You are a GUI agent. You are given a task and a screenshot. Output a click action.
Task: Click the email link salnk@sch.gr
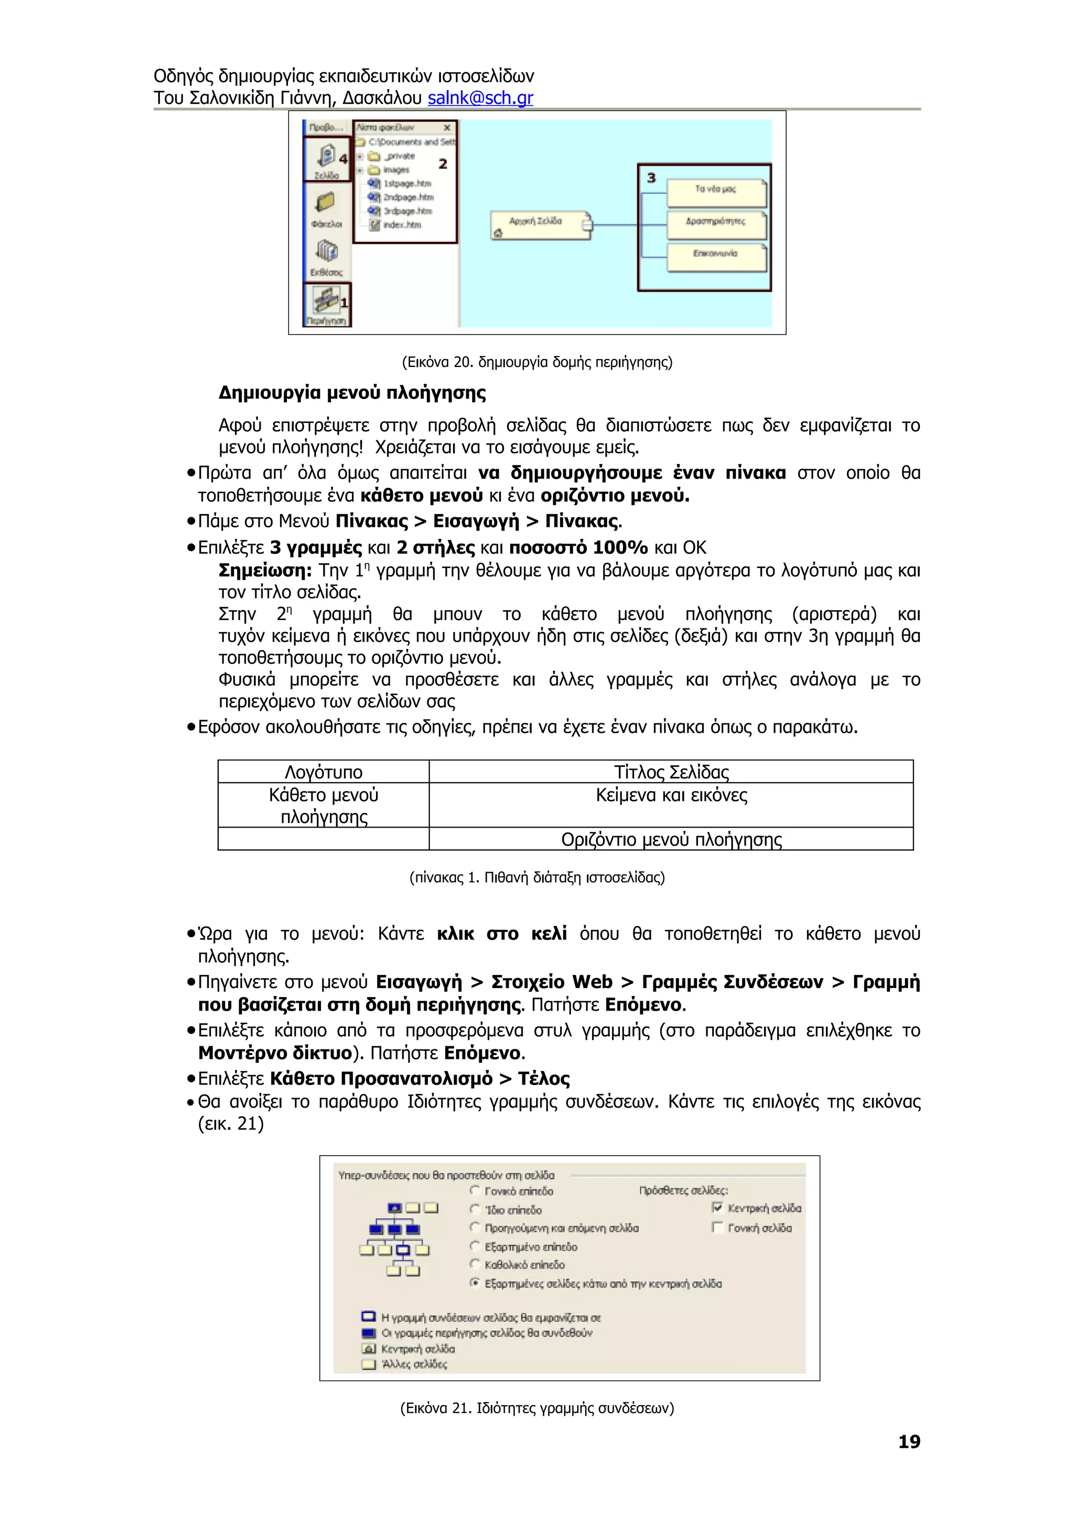click(480, 98)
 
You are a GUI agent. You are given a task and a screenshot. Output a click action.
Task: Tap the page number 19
click(909, 1441)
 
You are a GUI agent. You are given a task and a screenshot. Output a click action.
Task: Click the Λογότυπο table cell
click(324, 772)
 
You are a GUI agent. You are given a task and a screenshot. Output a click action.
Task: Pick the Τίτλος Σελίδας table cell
click(671, 772)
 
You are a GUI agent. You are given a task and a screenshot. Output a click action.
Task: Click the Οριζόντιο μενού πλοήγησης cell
click(671, 839)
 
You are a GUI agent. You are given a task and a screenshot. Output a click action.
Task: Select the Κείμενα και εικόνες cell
click(671, 795)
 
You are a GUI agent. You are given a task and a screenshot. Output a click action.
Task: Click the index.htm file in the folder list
click(401, 225)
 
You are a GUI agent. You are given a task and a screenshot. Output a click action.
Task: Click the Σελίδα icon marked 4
click(326, 159)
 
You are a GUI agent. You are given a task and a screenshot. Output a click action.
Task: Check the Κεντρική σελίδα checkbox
click(717, 1208)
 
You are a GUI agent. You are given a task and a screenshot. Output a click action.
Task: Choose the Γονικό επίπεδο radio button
click(475, 1191)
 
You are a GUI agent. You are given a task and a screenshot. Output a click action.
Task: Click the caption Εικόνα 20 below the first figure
click(536, 362)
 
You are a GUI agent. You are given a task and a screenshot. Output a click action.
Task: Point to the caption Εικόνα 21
click(536, 1408)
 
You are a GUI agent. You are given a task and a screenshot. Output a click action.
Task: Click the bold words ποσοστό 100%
click(578, 548)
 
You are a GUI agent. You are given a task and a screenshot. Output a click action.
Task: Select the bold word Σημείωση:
click(265, 570)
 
